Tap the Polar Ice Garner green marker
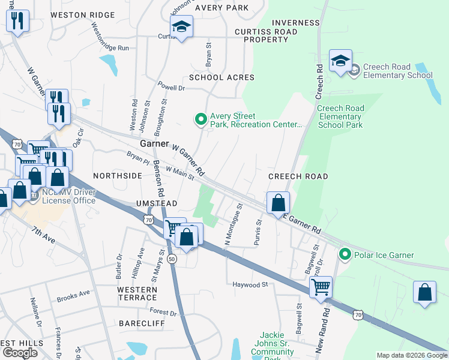(x=345, y=255)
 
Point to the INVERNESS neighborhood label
(x=295, y=23)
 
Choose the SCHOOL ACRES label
(x=221, y=77)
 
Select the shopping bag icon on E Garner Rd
(x=278, y=203)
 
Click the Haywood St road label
(x=250, y=284)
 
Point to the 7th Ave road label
(x=44, y=235)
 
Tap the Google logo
(x=20, y=353)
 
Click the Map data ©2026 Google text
(x=411, y=355)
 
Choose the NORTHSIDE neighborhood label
(x=118, y=176)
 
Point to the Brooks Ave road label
(x=73, y=296)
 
